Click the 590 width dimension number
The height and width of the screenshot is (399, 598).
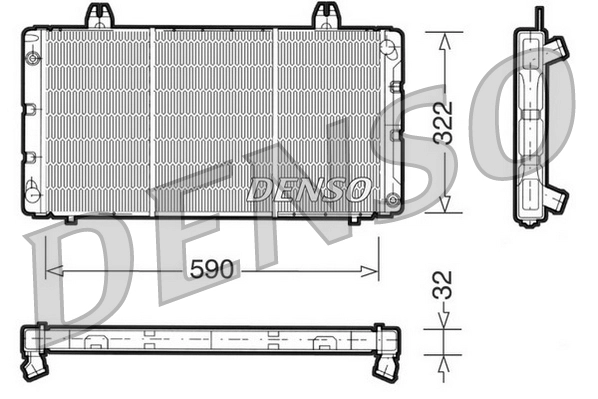pyautogui.click(x=212, y=270)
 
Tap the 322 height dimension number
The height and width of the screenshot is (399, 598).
pyautogui.click(x=453, y=123)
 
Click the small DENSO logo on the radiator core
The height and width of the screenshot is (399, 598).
pyautogui.click(x=309, y=189)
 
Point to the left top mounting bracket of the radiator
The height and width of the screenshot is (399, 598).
pyautogui.click(x=98, y=15)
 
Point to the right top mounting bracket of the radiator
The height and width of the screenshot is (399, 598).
pyautogui.click(x=327, y=15)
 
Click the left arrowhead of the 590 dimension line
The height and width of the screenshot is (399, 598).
pyautogui.click(x=53, y=270)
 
